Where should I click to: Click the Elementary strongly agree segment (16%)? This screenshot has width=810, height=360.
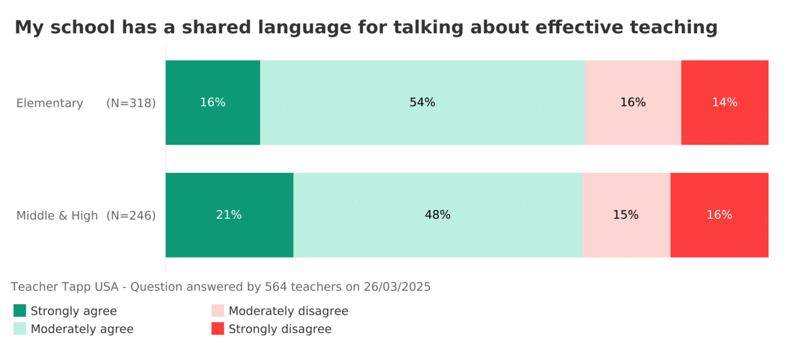[213, 102]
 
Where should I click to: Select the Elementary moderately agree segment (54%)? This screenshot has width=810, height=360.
[422, 102]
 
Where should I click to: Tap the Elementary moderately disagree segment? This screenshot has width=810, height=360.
[633, 102]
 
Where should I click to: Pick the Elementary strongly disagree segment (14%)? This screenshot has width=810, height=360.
[724, 102]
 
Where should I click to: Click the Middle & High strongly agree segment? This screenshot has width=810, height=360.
[229, 215]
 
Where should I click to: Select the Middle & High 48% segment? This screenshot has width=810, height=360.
[438, 215]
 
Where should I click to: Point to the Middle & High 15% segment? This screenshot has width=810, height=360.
[626, 215]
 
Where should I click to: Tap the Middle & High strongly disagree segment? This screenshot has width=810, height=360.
[719, 215]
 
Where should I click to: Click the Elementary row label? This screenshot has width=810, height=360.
[49, 103]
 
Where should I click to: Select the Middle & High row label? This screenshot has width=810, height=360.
[57, 215]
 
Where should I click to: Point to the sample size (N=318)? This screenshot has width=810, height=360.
[131, 103]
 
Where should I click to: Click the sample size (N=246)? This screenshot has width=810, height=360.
[131, 215]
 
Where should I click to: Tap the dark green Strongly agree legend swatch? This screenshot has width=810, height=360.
[20, 310]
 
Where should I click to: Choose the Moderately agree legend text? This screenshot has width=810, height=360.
[82, 329]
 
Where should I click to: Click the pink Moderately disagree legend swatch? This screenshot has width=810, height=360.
[218, 310]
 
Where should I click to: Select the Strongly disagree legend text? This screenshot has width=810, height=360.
[280, 329]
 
